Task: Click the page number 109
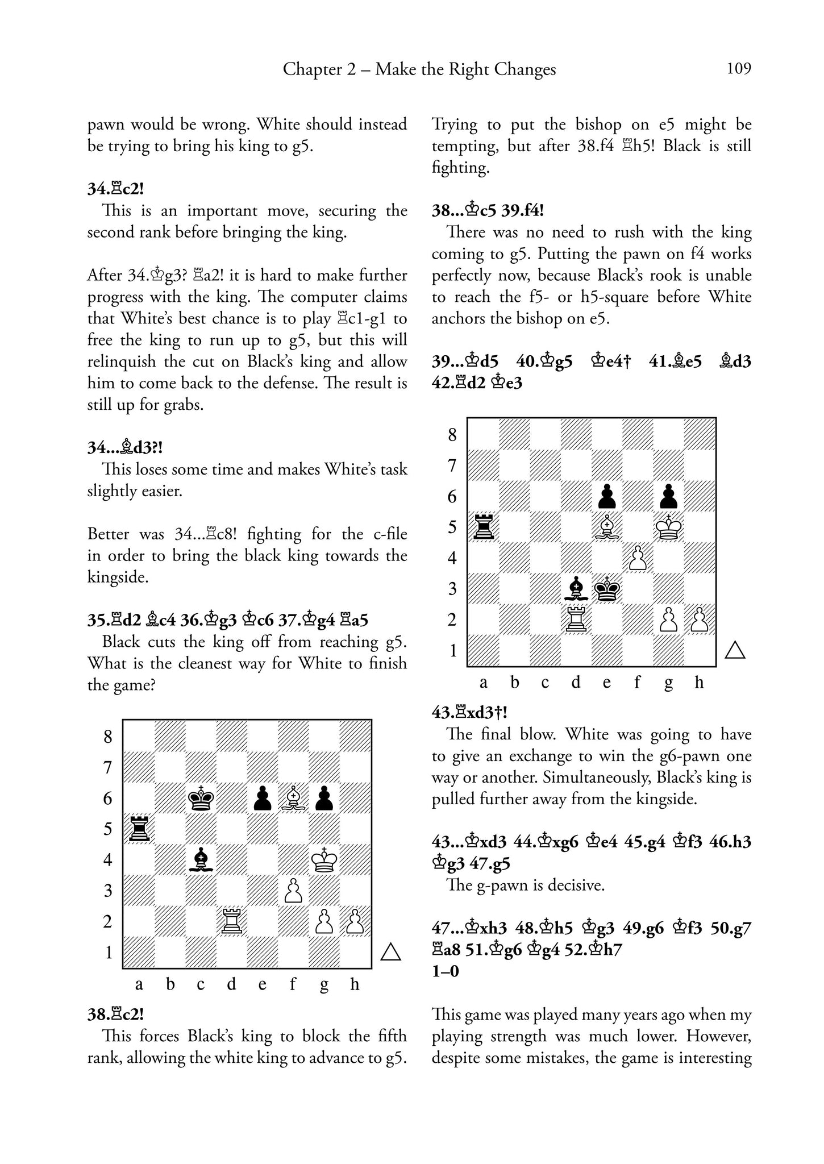[x=738, y=69]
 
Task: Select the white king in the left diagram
[x=324, y=859]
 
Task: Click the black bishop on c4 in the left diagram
[x=201, y=859]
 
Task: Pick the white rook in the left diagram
[x=231, y=921]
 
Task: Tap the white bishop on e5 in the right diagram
[x=607, y=526]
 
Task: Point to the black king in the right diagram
[x=607, y=588]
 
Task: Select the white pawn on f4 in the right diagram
[x=638, y=558]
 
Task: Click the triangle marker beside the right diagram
[x=735, y=650]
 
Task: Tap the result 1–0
[x=445, y=971]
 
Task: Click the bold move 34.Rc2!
[x=115, y=189]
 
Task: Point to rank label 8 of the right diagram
[x=452, y=435]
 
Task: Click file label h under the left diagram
[x=355, y=984]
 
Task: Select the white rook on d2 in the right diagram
[x=576, y=619]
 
